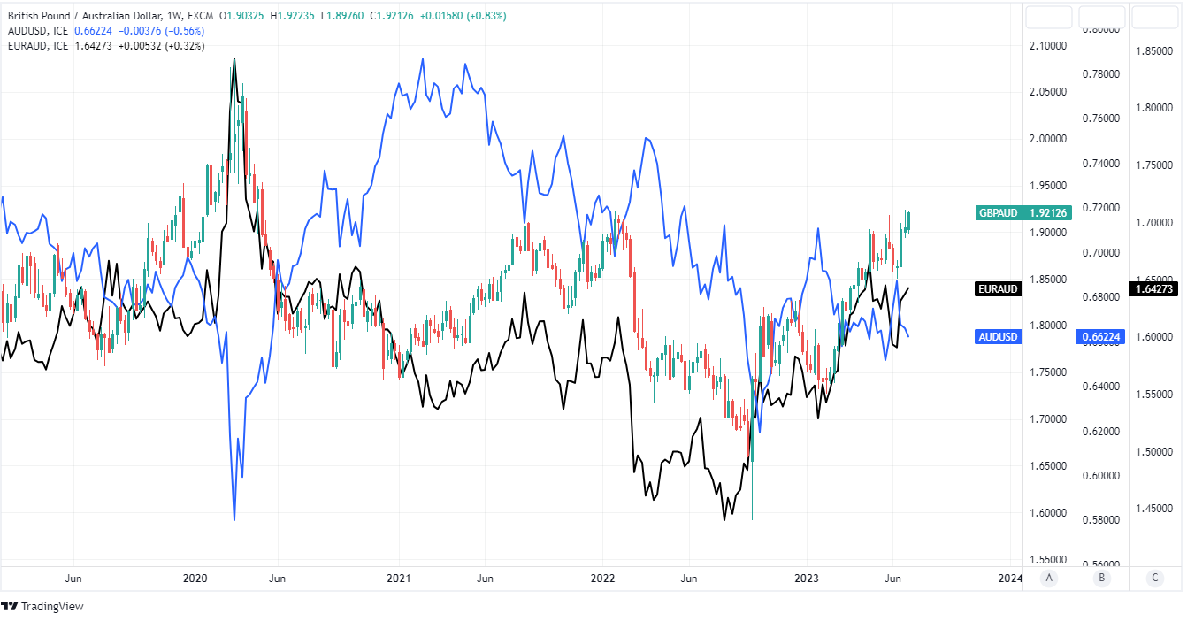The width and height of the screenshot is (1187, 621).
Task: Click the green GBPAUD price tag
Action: pos(998,212)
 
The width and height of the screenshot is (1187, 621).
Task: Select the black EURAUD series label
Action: pos(997,288)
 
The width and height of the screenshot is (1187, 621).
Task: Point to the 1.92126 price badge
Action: pos(1049,212)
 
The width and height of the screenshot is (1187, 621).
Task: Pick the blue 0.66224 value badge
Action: pos(1100,336)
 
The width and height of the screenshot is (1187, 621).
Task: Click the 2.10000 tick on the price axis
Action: pos(1049,45)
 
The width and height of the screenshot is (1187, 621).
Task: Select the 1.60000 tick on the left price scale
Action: pos(1049,513)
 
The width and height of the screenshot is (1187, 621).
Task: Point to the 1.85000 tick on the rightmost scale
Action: pos(1153,51)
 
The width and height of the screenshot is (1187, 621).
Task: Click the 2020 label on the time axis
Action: pos(195,579)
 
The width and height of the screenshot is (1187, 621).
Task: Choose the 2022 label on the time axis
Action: pos(602,579)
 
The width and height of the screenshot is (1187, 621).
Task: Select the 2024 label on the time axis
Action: pos(1009,579)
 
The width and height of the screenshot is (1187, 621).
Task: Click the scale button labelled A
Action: pos(1049,579)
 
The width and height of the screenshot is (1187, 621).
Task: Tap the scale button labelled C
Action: pos(1154,579)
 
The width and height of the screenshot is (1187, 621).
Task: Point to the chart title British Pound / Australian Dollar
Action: pos(83,16)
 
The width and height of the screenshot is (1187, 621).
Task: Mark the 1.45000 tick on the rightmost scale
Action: pos(1153,508)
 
